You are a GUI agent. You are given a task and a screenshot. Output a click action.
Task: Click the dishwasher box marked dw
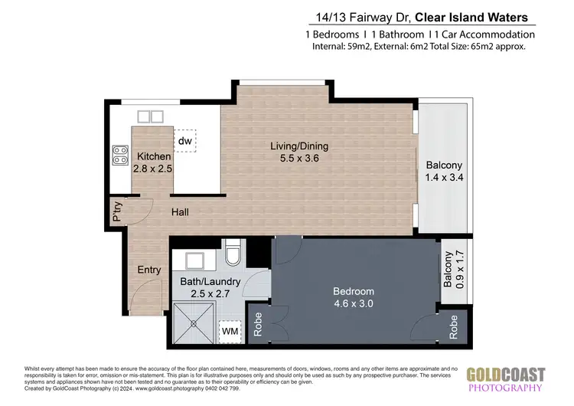click(x=185, y=141)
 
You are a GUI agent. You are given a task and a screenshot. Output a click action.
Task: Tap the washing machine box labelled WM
click(x=229, y=332)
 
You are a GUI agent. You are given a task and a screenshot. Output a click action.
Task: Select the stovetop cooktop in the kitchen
click(x=119, y=156)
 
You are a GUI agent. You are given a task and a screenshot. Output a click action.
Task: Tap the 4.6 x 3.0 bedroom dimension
click(x=353, y=304)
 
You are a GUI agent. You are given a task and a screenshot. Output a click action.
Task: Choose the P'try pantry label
click(x=117, y=212)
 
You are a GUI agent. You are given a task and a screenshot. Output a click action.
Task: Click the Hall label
click(x=181, y=212)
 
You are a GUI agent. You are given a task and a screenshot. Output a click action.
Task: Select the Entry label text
click(x=149, y=270)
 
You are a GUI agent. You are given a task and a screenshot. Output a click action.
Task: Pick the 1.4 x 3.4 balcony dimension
click(x=444, y=178)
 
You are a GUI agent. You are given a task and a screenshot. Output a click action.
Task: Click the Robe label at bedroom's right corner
click(x=454, y=327)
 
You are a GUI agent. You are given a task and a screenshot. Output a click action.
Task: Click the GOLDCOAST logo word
click(x=506, y=375)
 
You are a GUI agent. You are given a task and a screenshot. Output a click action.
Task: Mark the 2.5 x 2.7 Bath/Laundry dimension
click(x=210, y=293)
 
